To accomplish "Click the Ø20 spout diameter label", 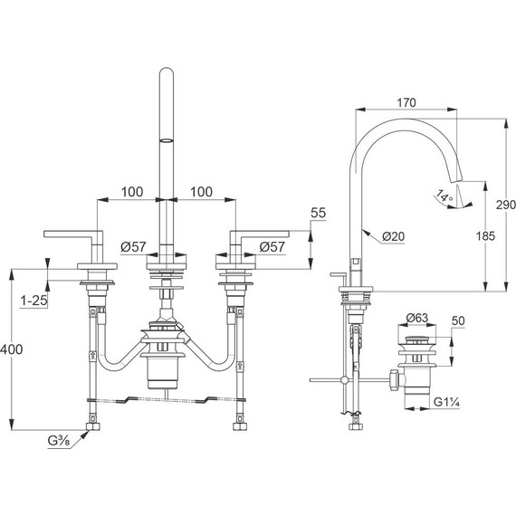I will (392, 236).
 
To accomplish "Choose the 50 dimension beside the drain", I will (458, 321).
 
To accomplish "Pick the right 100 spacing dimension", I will (202, 193).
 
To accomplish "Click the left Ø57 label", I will (133, 245).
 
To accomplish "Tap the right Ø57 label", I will (274, 245).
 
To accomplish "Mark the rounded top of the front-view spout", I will (167, 73).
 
